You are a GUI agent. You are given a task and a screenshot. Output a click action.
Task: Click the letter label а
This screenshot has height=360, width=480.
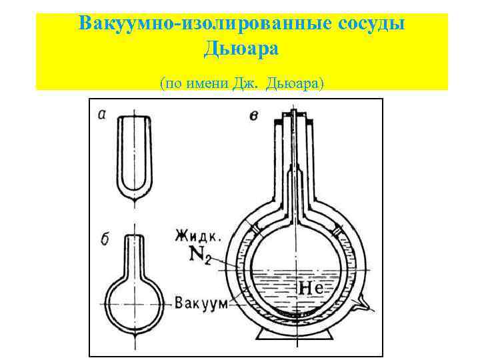tap(101, 114)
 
